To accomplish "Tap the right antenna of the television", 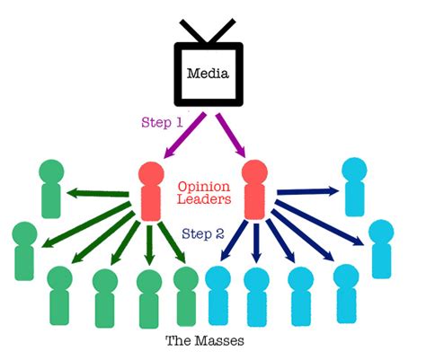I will tap(232, 30).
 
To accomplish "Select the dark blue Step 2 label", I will tap(202, 233).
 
